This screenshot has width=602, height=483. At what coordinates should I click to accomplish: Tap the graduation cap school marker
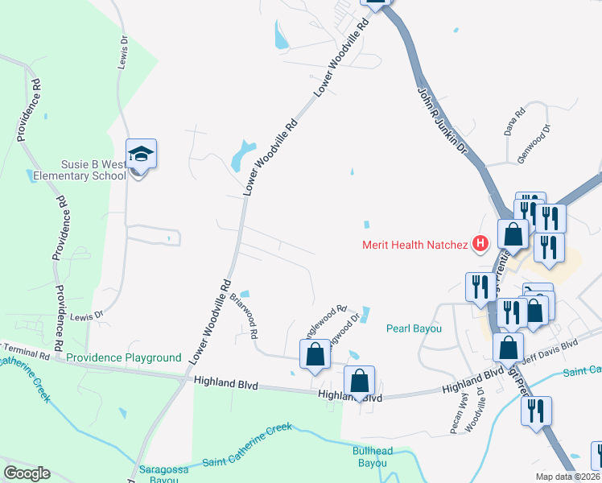click(141, 154)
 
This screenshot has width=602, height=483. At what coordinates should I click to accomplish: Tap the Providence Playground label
click(124, 357)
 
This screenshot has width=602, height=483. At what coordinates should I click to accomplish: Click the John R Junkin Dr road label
click(442, 120)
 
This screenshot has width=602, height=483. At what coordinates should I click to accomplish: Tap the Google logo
click(27, 473)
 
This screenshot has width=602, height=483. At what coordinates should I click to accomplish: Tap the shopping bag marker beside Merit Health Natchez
click(513, 234)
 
